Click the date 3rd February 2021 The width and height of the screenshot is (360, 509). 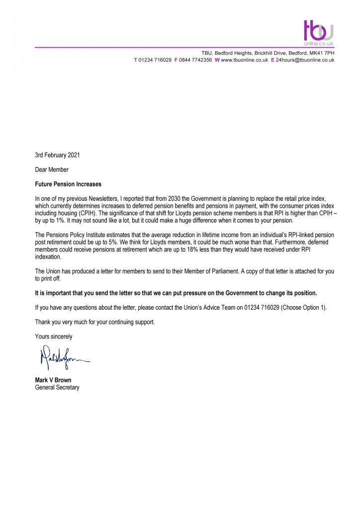[x=57, y=155]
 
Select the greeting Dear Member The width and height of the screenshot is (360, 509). [x=52, y=170]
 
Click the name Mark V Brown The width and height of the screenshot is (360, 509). [x=53, y=380]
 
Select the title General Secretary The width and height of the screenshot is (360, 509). [x=57, y=387]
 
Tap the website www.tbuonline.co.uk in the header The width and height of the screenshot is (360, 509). [x=244, y=60]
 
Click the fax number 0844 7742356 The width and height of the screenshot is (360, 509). [x=195, y=60]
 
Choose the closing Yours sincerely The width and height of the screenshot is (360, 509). [x=54, y=337]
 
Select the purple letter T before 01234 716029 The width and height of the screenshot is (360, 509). [x=136, y=60]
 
